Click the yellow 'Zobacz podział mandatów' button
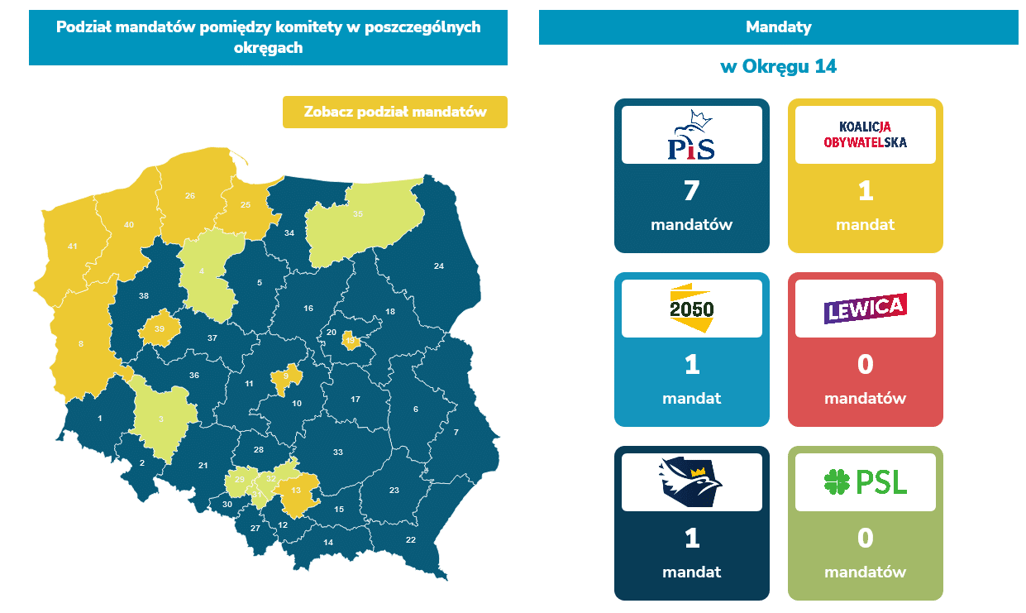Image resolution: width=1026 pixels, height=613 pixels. [x=394, y=112]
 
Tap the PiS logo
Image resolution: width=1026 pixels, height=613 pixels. [x=691, y=135]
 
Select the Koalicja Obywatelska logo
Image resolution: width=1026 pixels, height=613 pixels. [x=865, y=135]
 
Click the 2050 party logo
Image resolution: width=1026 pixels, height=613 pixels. [x=691, y=308]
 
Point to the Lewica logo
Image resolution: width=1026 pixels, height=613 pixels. [x=865, y=308]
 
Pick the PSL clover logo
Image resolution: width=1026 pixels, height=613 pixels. [x=865, y=481]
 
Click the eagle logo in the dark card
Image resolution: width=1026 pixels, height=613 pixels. [x=691, y=481]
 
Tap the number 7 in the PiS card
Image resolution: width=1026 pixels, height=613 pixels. [x=691, y=191]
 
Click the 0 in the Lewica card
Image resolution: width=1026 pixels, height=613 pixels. [x=865, y=365]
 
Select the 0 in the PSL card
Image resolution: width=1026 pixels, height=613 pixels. [x=865, y=539]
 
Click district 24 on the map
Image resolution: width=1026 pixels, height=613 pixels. [x=439, y=266]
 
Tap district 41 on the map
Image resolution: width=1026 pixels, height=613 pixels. [x=72, y=247]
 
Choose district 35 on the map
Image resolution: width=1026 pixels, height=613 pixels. [x=357, y=214]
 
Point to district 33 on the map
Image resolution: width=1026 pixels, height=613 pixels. [x=337, y=453]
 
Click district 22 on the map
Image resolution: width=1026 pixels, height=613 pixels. [x=410, y=540]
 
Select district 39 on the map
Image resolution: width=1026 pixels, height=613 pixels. [x=160, y=329]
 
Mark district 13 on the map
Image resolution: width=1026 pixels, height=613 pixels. [x=296, y=491]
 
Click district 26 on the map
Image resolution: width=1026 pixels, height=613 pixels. [x=190, y=196]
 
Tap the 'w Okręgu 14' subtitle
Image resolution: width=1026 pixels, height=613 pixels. [x=778, y=67]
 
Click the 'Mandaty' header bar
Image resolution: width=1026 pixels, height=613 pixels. [x=778, y=27]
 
